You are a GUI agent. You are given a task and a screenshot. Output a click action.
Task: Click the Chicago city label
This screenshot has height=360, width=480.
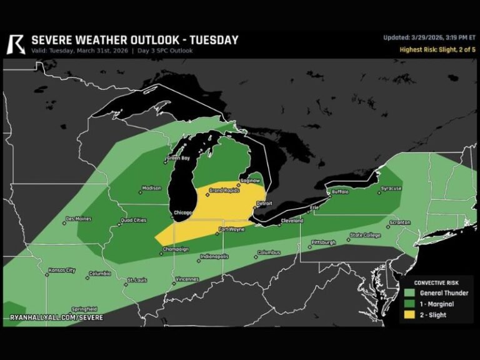point(182,212)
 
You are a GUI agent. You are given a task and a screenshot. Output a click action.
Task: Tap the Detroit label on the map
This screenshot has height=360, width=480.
point(265,204)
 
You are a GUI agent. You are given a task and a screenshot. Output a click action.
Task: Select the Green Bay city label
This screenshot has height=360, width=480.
point(178,158)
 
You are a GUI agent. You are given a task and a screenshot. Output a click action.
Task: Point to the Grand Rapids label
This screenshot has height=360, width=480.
point(224,190)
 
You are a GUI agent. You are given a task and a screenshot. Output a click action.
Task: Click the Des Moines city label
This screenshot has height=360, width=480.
point(79,219)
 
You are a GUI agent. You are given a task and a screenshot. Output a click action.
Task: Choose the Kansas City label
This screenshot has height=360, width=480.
point(62,271)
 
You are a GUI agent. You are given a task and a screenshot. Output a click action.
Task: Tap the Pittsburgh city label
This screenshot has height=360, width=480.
point(324,242)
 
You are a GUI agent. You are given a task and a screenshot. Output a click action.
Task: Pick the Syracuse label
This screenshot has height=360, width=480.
point(391,188)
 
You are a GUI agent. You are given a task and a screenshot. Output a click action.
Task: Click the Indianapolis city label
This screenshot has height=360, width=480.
point(214,256)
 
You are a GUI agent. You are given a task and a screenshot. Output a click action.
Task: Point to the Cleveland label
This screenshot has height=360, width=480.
point(292,221)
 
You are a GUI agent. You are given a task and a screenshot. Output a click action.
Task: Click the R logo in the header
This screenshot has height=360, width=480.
point(16,44)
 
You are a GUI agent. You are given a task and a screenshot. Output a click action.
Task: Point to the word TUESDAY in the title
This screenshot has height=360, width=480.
point(209,40)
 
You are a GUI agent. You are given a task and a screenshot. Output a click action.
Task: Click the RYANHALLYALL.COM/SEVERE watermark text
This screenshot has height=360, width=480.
point(56,317)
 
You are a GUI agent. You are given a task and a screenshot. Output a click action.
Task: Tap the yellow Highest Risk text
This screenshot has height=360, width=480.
point(437,49)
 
